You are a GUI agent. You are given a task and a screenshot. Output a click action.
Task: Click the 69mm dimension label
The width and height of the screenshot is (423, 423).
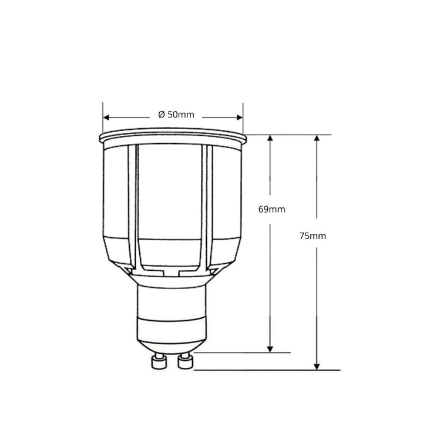pos(271,209)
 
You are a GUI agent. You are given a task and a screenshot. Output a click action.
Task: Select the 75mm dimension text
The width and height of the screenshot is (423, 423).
pos(312,236)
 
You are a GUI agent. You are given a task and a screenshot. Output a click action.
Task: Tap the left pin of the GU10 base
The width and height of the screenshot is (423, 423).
pos(157,360)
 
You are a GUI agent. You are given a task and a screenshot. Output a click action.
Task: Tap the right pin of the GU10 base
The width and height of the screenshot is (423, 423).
pos(186,360)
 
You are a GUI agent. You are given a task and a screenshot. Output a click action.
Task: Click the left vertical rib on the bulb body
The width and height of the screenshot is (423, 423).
pos(133,206)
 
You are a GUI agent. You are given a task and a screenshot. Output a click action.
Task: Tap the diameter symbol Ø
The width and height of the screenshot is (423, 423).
pos(162,115)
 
